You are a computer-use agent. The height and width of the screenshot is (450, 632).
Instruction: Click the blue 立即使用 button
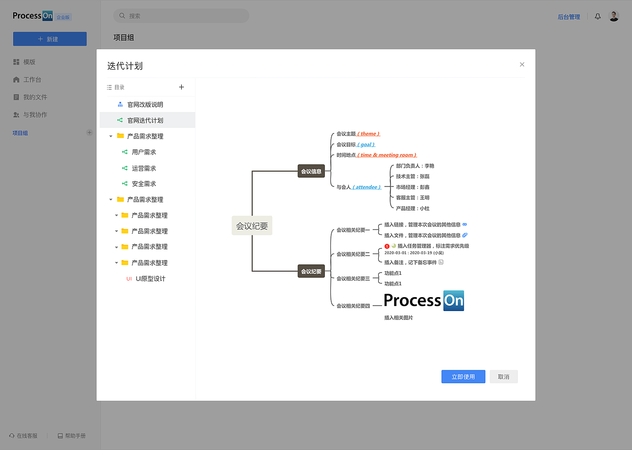(x=463, y=376)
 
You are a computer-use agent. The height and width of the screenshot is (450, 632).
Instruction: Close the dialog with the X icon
(x=522, y=64)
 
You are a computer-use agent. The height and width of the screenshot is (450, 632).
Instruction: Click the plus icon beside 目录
(x=181, y=87)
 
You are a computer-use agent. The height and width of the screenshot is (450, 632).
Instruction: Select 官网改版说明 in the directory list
(x=145, y=104)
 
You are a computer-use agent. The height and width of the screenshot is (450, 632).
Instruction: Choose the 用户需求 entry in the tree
(x=144, y=152)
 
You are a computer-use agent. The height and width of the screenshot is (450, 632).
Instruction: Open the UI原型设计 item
(x=151, y=279)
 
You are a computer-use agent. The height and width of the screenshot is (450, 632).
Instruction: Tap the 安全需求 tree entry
(x=144, y=184)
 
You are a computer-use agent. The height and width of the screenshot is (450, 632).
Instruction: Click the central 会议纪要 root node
(x=252, y=225)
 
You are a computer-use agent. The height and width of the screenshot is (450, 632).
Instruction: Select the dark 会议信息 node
(x=311, y=171)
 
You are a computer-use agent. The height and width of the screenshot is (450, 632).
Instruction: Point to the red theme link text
(x=368, y=134)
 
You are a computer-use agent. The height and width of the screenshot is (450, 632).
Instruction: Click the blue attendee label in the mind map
(x=366, y=187)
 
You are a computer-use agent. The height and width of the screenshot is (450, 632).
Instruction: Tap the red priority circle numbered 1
(x=387, y=246)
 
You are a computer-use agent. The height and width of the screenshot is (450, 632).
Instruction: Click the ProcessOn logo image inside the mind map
(x=424, y=301)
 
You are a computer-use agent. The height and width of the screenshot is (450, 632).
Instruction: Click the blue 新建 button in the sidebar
(x=50, y=39)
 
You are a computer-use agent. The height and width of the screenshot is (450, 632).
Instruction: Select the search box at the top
(x=181, y=16)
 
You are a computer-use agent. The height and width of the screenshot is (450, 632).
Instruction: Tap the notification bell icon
(x=597, y=16)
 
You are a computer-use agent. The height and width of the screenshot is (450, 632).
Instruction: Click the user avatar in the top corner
(x=614, y=16)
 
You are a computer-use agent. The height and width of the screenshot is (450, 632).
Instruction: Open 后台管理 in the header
(x=569, y=17)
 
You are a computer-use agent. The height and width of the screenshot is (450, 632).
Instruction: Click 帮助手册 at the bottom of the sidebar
(x=72, y=436)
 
